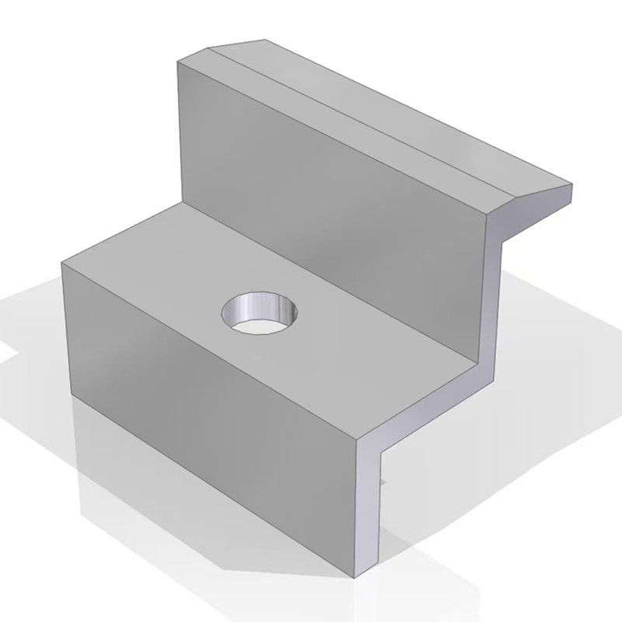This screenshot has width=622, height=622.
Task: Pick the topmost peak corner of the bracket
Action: (x=264, y=38)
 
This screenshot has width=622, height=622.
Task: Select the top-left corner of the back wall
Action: (x=178, y=60)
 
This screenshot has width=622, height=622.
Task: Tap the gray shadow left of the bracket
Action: (x=31, y=327)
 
